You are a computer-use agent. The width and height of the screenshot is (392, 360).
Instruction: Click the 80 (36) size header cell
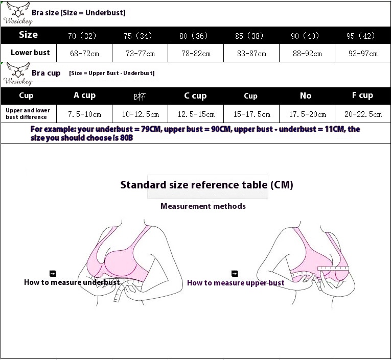pyautogui.click(x=194, y=36)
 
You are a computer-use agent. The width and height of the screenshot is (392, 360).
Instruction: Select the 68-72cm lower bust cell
pyautogui.click(x=84, y=53)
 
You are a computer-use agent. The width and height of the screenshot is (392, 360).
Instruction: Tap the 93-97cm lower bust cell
pyautogui.click(x=363, y=53)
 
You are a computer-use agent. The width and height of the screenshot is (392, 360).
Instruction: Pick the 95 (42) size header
pyautogui.click(x=360, y=36)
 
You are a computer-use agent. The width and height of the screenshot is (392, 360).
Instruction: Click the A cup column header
pyautogui.click(x=84, y=95)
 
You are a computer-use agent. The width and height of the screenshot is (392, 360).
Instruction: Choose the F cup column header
pyautogui.click(x=362, y=95)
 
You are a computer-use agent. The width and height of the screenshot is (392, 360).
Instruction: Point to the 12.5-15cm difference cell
pyautogui.click(x=196, y=114)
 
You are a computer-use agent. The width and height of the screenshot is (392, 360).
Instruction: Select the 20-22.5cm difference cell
pyautogui.click(x=363, y=114)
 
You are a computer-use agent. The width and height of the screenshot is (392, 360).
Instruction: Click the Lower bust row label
pyautogui.click(x=30, y=53)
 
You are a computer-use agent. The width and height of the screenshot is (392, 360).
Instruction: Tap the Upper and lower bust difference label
pyautogui.click(x=28, y=114)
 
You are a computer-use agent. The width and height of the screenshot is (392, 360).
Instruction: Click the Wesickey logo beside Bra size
pyautogui.click(x=17, y=13)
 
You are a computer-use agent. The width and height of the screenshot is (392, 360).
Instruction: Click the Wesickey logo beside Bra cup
pyautogui.click(x=17, y=74)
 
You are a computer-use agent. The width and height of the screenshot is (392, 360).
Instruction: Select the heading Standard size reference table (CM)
pyautogui.click(x=206, y=185)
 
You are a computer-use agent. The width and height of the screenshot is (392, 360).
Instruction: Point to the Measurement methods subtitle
pyautogui.click(x=203, y=206)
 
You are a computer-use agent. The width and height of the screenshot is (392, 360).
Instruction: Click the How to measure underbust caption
pyautogui.click(x=72, y=282)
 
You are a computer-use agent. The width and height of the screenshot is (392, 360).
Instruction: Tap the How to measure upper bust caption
pyautogui.click(x=236, y=283)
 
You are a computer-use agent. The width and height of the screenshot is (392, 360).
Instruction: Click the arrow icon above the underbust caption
pyautogui.click(x=53, y=274)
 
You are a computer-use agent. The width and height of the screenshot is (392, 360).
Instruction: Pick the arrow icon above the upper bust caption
pyautogui.click(x=235, y=274)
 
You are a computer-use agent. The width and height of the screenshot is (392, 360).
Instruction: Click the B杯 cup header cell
pyautogui.click(x=140, y=96)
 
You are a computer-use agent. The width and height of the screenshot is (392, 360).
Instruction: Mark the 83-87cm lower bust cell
pyautogui.click(x=251, y=53)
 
